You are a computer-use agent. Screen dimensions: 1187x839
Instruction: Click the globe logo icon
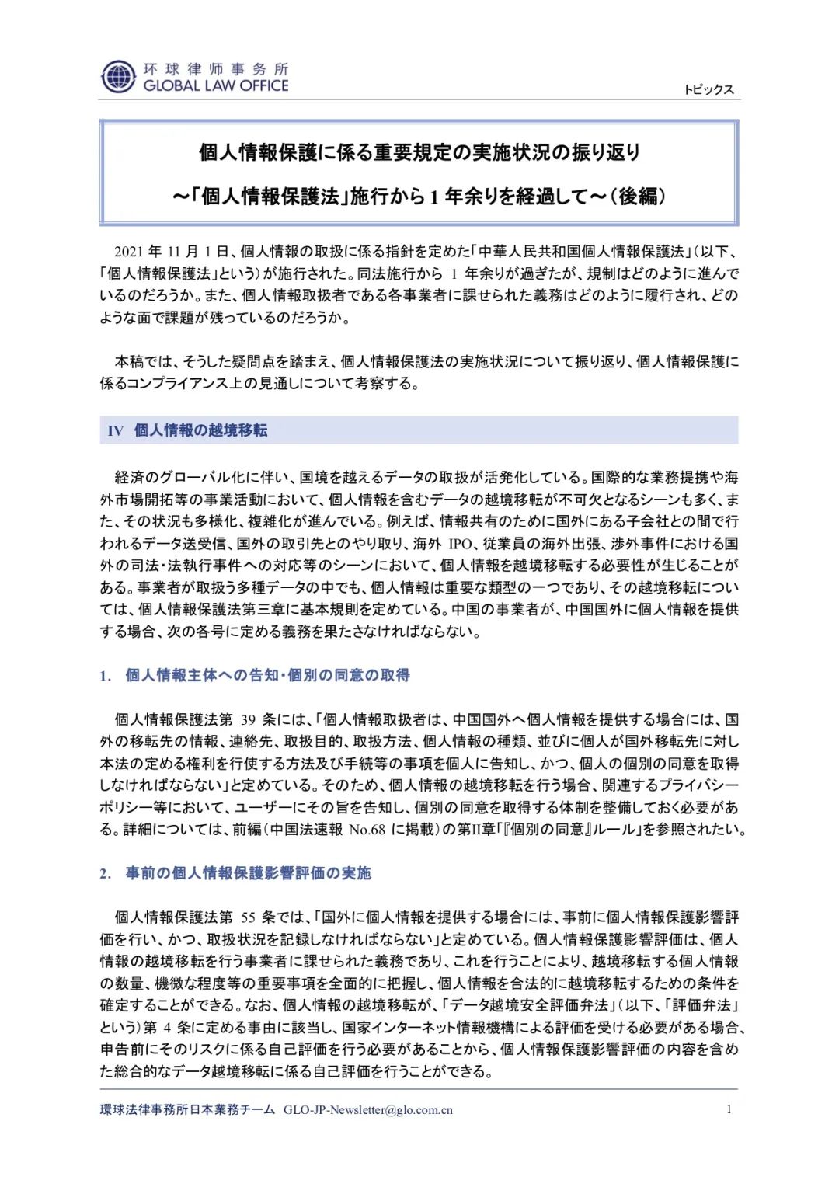click(118, 77)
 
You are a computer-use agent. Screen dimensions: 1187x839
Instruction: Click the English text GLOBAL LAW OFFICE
click(216, 86)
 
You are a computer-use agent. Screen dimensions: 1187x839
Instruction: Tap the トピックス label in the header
click(708, 89)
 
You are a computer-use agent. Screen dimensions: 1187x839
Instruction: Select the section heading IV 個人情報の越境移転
click(188, 430)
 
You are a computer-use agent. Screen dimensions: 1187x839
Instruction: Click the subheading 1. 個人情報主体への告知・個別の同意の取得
click(256, 675)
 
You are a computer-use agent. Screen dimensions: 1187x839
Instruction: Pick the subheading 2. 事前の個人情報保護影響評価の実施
click(235, 873)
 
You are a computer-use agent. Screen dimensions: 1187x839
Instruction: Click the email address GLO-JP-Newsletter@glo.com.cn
click(368, 1110)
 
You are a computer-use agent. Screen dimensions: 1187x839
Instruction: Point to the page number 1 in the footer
click(729, 1109)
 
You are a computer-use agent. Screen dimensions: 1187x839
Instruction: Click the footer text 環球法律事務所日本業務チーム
click(187, 1110)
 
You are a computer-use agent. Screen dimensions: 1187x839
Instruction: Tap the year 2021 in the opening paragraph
click(129, 252)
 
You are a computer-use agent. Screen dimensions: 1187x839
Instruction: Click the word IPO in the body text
click(460, 544)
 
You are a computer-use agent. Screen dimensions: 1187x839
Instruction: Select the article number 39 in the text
click(249, 719)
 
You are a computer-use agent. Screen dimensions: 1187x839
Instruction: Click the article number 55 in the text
click(249, 917)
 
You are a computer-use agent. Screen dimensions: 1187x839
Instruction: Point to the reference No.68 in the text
click(367, 830)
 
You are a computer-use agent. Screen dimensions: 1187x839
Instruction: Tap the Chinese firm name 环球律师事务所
click(216, 69)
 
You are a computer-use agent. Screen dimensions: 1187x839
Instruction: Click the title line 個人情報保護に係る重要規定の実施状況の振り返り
click(419, 152)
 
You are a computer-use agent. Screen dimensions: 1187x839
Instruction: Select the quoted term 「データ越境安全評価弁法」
click(526, 1005)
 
